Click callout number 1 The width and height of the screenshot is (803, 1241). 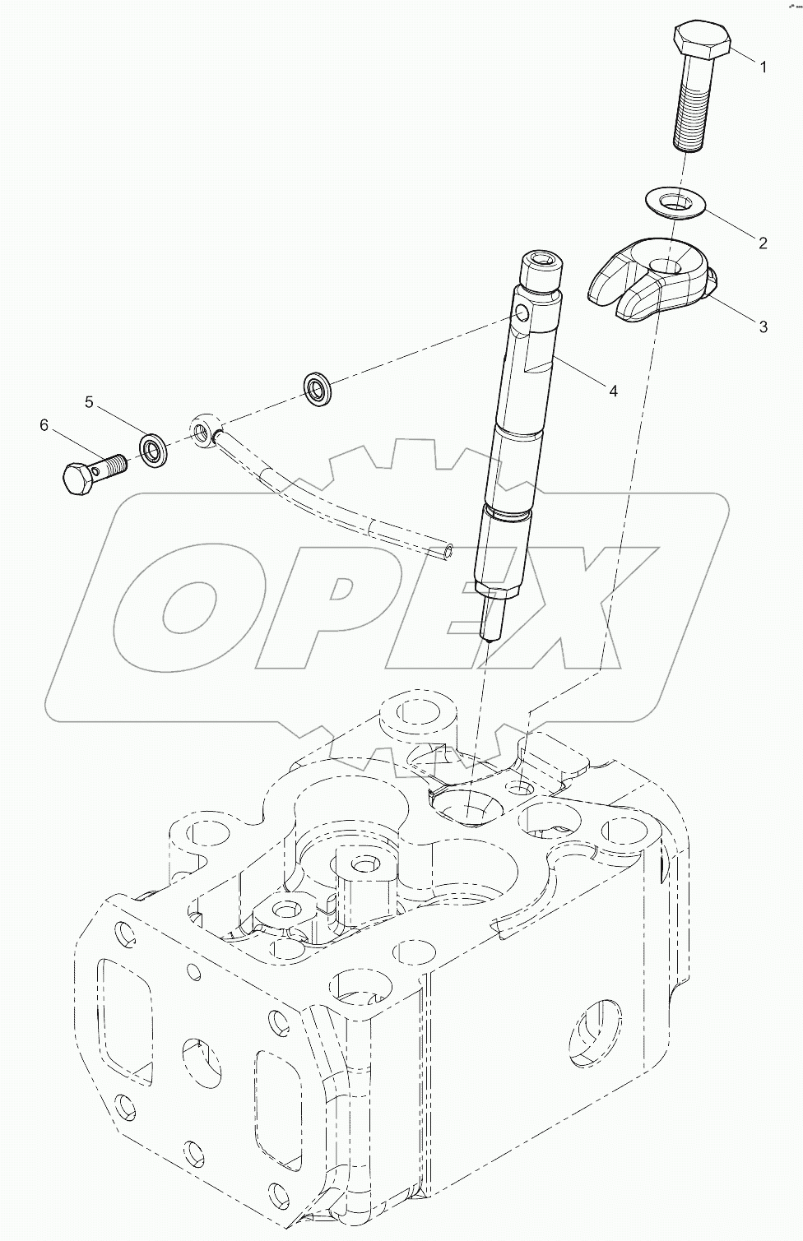(763, 67)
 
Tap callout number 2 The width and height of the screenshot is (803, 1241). (763, 243)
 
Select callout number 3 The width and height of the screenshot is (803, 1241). (763, 326)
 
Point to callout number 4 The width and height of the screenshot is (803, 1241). (612, 391)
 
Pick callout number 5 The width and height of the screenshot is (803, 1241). (90, 401)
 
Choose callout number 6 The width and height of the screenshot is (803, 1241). (44, 425)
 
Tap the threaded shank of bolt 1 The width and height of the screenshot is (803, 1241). (690, 115)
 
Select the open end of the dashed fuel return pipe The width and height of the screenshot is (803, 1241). (446, 550)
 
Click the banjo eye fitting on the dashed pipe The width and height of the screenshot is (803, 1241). (202, 428)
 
